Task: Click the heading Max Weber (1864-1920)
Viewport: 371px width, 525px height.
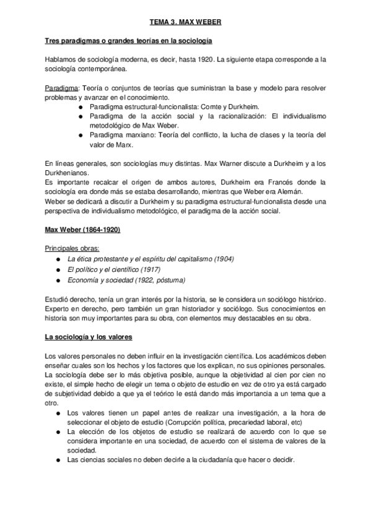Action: click(x=82, y=230)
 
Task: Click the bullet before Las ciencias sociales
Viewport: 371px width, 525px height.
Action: click(x=58, y=461)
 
